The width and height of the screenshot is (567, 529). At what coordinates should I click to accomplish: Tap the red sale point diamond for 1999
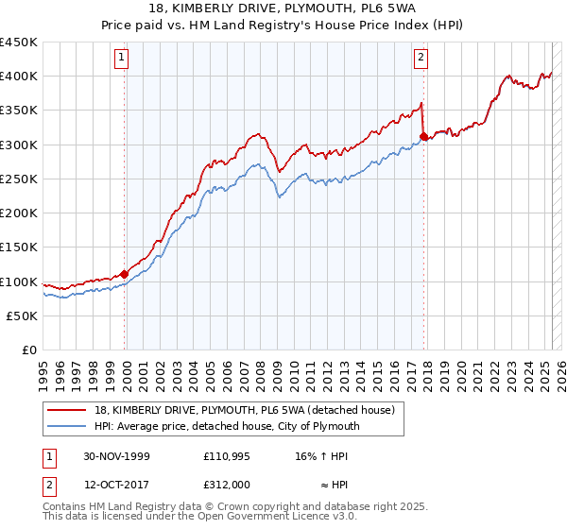click(125, 274)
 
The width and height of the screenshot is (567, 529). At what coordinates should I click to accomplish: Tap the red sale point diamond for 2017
click(423, 136)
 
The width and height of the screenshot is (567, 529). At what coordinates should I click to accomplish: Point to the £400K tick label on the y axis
click(20, 77)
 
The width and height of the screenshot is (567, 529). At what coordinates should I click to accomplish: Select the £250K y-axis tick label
click(20, 179)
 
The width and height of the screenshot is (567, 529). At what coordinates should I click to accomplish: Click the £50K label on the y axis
click(24, 316)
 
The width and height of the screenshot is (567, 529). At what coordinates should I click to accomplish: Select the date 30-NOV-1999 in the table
click(117, 456)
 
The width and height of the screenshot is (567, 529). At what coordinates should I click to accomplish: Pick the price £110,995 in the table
click(225, 456)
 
